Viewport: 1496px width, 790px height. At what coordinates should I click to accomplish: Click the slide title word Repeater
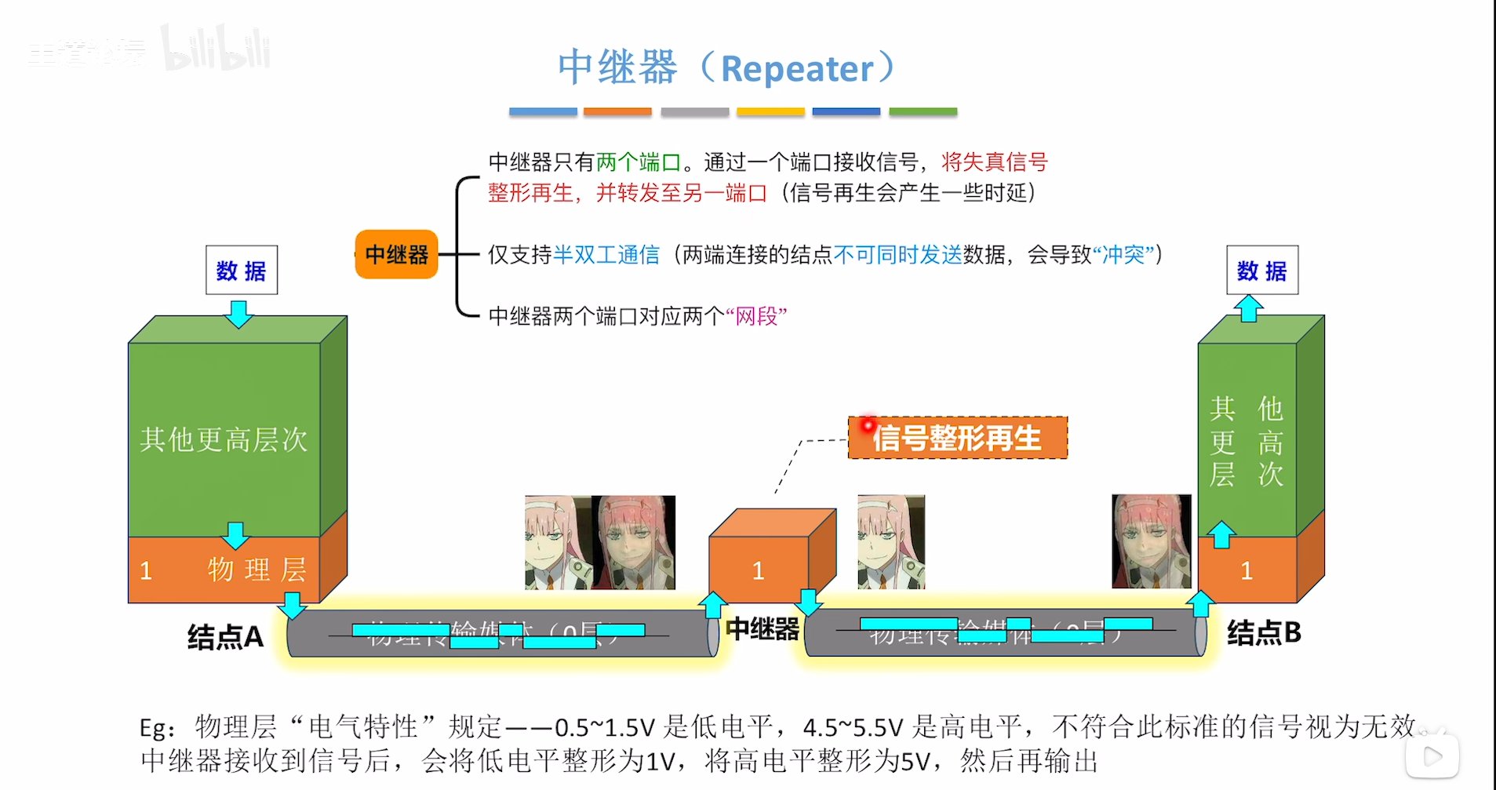pyautogui.click(x=796, y=69)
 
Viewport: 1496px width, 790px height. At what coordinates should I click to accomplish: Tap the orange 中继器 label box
pyautogui.click(x=396, y=254)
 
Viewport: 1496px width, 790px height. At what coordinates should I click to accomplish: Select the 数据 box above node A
pyautogui.click(x=241, y=271)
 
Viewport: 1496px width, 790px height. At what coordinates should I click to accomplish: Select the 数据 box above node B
pyautogui.click(x=1261, y=271)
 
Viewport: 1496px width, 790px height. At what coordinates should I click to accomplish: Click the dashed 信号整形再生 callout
pyautogui.click(x=957, y=438)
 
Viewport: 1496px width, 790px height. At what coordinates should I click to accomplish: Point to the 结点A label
pyautogui.click(x=225, y=636)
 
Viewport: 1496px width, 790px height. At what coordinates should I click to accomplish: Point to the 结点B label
pyautogui.click(x=1264, y=632)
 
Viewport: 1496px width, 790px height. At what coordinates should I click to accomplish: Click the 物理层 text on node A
pyautogui.click(x=257, y=570)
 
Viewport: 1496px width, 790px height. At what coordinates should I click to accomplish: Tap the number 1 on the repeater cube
pyautogui.click(x=758, y=570)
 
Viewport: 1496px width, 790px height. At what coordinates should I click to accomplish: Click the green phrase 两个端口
pyautogui.click(x=638, y=162)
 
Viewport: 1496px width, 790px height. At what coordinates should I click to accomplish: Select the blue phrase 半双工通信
pyautogui.click(x=606, y=255)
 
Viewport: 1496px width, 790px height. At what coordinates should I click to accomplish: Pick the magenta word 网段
pyautogui.click(x=756, y=316)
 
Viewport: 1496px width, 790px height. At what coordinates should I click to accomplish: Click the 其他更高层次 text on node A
pyautogui.click(x=224, y=439)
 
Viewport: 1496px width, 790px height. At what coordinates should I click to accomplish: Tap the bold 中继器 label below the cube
pyautogui.click(x=762, y=629)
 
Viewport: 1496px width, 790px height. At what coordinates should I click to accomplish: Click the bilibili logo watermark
pyautogui.click(x=216, y=49)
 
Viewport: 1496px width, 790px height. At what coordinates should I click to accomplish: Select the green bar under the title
pyautogui.click(x=923, y=112)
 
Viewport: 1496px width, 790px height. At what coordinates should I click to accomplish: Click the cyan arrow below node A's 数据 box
pyautogui.click(x=239, y=313)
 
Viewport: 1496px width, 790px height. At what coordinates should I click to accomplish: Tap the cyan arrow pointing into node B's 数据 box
pyautogui.click(x=1249, y=308)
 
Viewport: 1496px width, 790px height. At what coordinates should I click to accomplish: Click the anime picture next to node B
pyautogui.click(x=1151, y=541)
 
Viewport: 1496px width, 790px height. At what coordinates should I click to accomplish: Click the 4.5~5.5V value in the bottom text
pyautogui.click(x=853, y=728)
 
